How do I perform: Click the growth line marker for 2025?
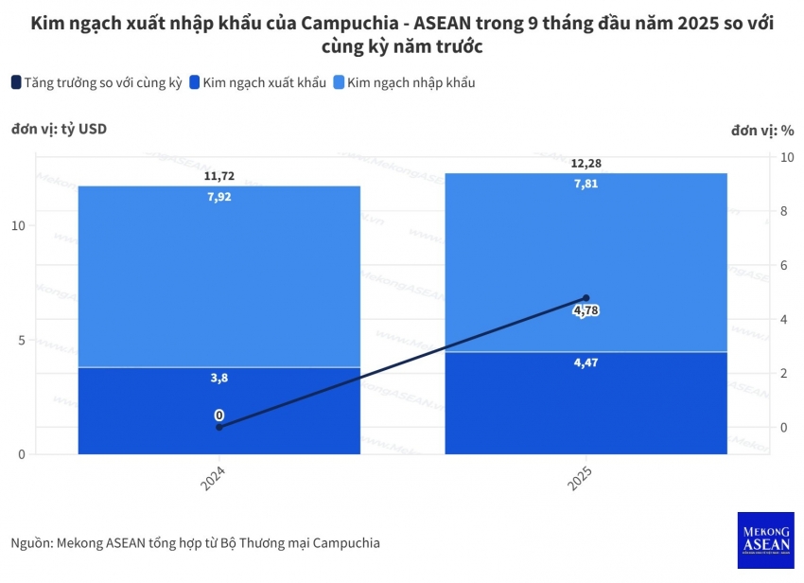(586, 298)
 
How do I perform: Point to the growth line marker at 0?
(219, 427)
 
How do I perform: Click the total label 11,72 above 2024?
(218, 177)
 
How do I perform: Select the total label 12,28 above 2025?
(586, 164)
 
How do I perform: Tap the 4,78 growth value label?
(586, 310)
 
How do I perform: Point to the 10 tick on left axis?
(19, 226)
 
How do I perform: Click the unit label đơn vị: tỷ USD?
(59, 130)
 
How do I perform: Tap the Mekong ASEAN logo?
(765, 540)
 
